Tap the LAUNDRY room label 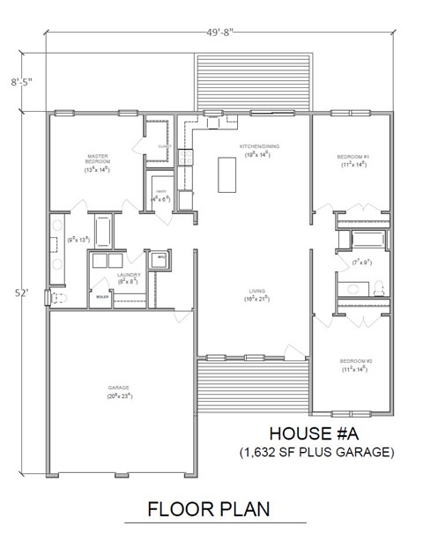pyautogui.click(x=129, y=276)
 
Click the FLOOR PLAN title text pyautogui.click(x=209, y=508)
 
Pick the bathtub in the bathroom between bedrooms pyautogui.click(x=367, y=239)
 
